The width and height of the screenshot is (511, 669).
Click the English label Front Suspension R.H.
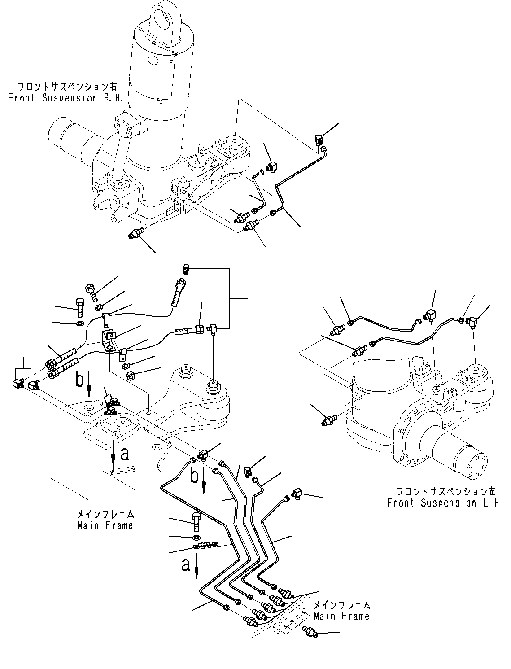[66, 98]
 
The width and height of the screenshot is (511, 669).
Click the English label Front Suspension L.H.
[444, 503]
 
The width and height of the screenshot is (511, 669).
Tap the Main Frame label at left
[105, 525]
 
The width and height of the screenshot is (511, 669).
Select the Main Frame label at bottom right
[342, 616]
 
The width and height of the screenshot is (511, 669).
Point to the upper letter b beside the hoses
[79, 380]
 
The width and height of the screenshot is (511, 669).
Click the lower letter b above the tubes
[194, 476]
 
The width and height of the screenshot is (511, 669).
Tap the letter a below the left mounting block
[125, 454]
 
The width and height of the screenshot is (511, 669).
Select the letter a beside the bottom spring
[186, 564]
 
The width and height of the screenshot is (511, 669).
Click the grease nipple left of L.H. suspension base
[329, 420]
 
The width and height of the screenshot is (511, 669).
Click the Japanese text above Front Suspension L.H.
[444, 492]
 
